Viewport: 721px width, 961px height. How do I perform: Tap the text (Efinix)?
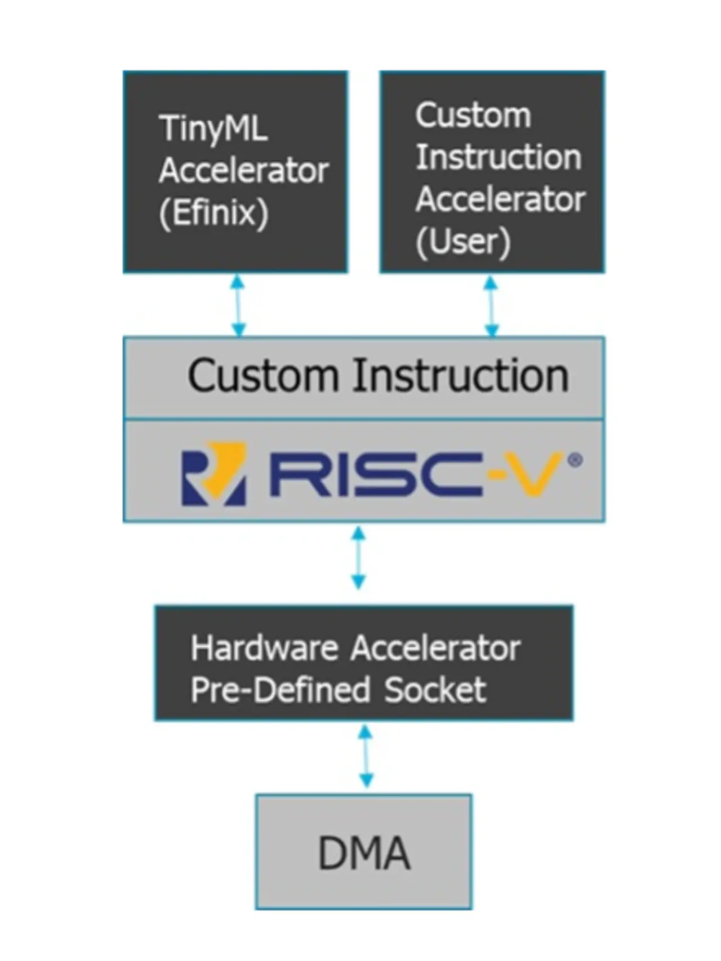pos(213,213)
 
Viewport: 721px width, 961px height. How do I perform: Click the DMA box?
pos(364,851)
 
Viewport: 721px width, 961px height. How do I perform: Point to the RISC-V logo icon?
pos(213,473)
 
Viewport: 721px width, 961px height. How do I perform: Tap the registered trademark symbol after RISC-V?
pos(575,461)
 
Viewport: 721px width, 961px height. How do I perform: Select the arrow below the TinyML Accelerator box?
pos(238,305)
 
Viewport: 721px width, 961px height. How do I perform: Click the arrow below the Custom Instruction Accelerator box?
pos(491,306)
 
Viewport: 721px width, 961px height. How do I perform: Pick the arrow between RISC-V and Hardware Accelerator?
pos(358,557)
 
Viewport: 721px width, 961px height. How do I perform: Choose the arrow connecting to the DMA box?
pos(366,756)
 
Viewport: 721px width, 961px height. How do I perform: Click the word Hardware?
pos(264,648)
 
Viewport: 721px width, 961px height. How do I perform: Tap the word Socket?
pos(435,690)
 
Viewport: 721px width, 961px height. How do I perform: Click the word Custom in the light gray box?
pos(262,376)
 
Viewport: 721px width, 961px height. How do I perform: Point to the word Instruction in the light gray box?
pos(461,376)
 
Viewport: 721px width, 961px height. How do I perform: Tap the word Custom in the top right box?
pos(473,115)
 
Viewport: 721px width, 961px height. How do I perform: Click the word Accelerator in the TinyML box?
pos(244,171)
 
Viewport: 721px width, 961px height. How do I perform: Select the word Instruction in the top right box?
pos(499,157)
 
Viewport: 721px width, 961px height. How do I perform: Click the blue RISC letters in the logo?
pos(376,474)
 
